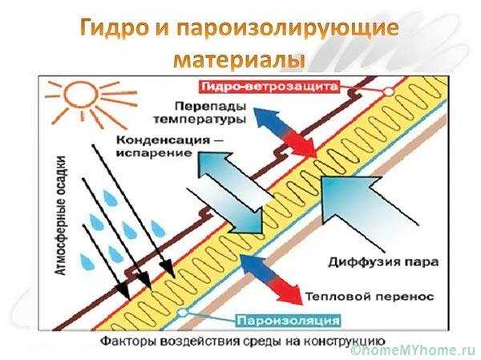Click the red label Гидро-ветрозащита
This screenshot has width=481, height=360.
click(269, 87)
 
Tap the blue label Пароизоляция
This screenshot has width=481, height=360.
click(289, 321)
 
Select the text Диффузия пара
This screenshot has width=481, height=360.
click(383, 262)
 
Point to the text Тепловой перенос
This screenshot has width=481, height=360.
click(370, 297)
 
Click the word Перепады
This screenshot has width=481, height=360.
click(211, 106)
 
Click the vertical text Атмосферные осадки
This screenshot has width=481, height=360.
click(62, 216)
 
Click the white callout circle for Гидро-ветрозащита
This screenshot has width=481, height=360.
click(389, 91)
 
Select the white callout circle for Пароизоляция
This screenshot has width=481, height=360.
click(183, 313)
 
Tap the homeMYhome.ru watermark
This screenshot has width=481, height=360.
click(414, 350)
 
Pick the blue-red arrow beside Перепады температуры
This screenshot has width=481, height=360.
click(285, 133)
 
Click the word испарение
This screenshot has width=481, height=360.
click(154, 153)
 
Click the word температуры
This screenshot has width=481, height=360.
click(200, 119)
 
